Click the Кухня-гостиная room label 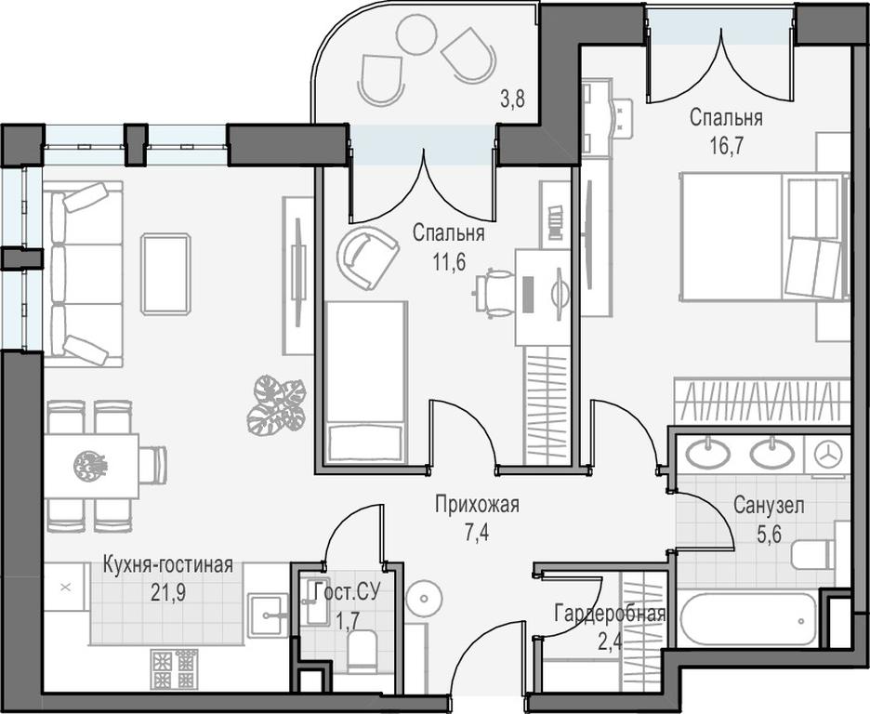168,566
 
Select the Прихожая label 477,506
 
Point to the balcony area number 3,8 512,100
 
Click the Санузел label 769,506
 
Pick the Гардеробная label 610,615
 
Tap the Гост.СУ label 347,592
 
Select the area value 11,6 449,261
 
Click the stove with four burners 174,668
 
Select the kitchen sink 268,615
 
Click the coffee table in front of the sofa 165,274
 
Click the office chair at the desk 494,292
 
